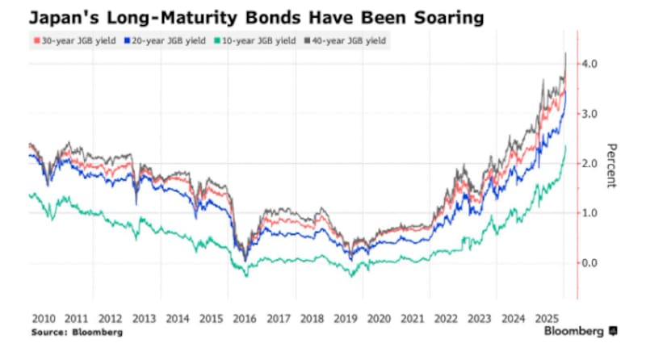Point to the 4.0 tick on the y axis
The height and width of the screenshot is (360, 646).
[590, 64]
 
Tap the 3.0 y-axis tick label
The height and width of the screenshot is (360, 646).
[590, 114]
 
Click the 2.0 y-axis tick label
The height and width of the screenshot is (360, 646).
[590, 164]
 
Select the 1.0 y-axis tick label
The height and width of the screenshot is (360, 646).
[590, 213]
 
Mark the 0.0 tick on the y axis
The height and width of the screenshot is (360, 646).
[590, 263]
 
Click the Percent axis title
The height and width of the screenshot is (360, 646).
[611, 165]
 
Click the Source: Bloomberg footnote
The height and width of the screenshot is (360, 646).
[78, 332]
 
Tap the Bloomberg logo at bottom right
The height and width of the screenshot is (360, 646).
[580, 332]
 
